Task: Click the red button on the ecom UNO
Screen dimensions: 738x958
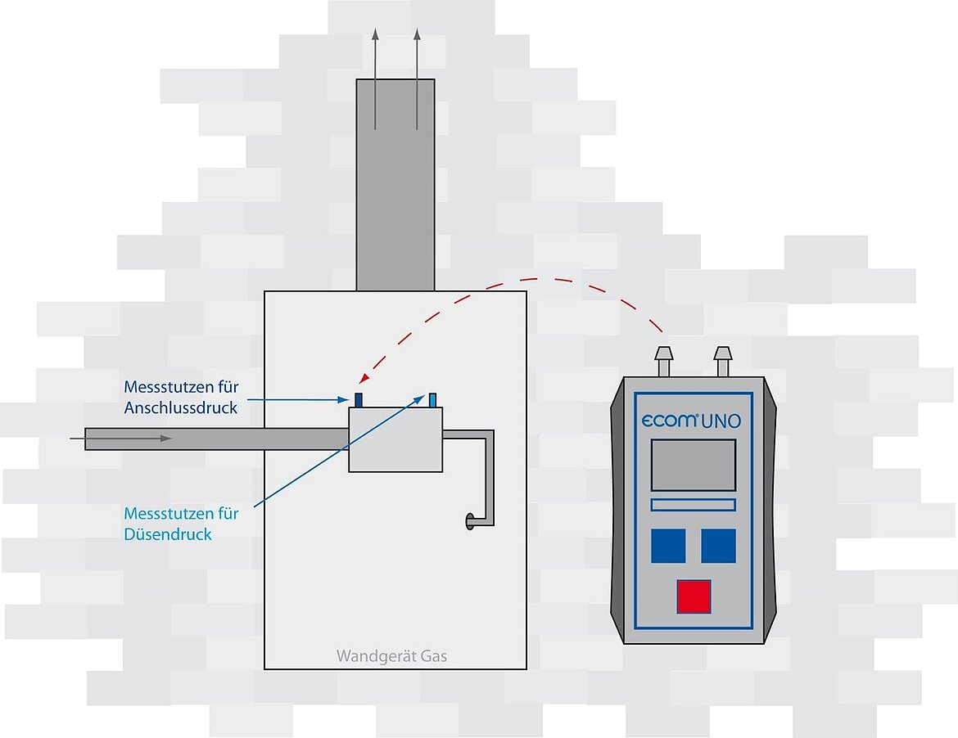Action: [x=694, y=596]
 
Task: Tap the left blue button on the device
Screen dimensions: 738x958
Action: [x=668, y=546]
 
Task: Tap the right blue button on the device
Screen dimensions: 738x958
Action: [x=718, y=546]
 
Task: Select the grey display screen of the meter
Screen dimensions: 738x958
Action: [x=693, y=465]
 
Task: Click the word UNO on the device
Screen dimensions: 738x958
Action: [x=721, y=421]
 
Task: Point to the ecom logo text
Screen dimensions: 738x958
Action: [x=669, y=421]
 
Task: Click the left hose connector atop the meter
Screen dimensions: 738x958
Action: [x=663, y=360]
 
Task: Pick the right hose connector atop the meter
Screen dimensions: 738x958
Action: [x=722, y=360]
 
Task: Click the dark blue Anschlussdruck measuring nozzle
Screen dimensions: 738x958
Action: [x=359, y=399]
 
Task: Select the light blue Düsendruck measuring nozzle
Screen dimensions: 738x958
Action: [x=432, y=399]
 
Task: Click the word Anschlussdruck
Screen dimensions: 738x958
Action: [x=181, y=407]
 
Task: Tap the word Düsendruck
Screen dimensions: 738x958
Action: [x=168, y=534]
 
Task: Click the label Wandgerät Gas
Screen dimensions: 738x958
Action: [x=391, y=656]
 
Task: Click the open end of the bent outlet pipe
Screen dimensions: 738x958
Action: [x=470, y=520]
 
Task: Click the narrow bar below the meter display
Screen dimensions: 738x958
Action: [x=693, y=505]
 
